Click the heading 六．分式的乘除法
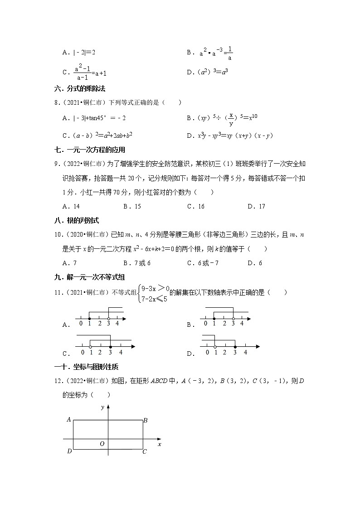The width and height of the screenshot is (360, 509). tap(80, 89)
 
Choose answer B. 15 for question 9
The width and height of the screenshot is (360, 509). tap(132, 206)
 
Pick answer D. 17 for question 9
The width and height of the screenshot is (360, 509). tap(256, 206)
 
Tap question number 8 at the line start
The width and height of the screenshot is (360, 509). tap(56, 103)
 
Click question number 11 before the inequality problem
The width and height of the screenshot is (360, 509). tap(58, 292)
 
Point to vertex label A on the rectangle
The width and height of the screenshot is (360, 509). tap(69, 420)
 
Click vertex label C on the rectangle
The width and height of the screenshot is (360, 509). tap(145, 451)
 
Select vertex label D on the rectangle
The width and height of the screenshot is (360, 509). tap(69, 451)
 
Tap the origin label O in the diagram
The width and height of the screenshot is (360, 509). tap(102, 444)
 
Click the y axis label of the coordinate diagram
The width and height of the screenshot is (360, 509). tap(102, 407)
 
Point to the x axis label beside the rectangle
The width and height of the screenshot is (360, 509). tap(160, 445)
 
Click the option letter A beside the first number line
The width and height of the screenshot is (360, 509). tap(65, 325)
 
